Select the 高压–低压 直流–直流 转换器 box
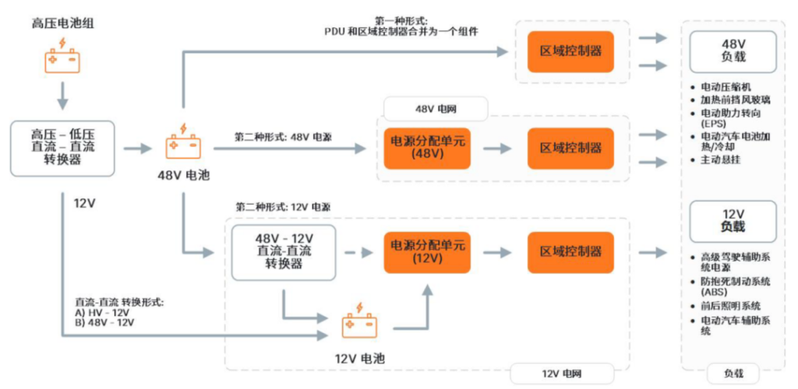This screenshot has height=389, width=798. coord(62,148)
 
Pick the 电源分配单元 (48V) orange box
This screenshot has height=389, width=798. coord(426,147)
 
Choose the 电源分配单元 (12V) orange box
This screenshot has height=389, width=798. coord(426,251)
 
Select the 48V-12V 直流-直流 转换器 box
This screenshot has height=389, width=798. coord(284,251)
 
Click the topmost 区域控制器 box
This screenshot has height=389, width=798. coord(570,51)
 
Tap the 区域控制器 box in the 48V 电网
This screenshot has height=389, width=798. coord(570,147)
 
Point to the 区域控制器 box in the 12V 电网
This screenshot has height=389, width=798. coord(570,251)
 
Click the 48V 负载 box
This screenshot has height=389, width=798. coord(732,52)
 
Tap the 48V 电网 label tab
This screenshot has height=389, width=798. coord(436,108)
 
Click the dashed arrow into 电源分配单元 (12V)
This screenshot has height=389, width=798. coord(359,252)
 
